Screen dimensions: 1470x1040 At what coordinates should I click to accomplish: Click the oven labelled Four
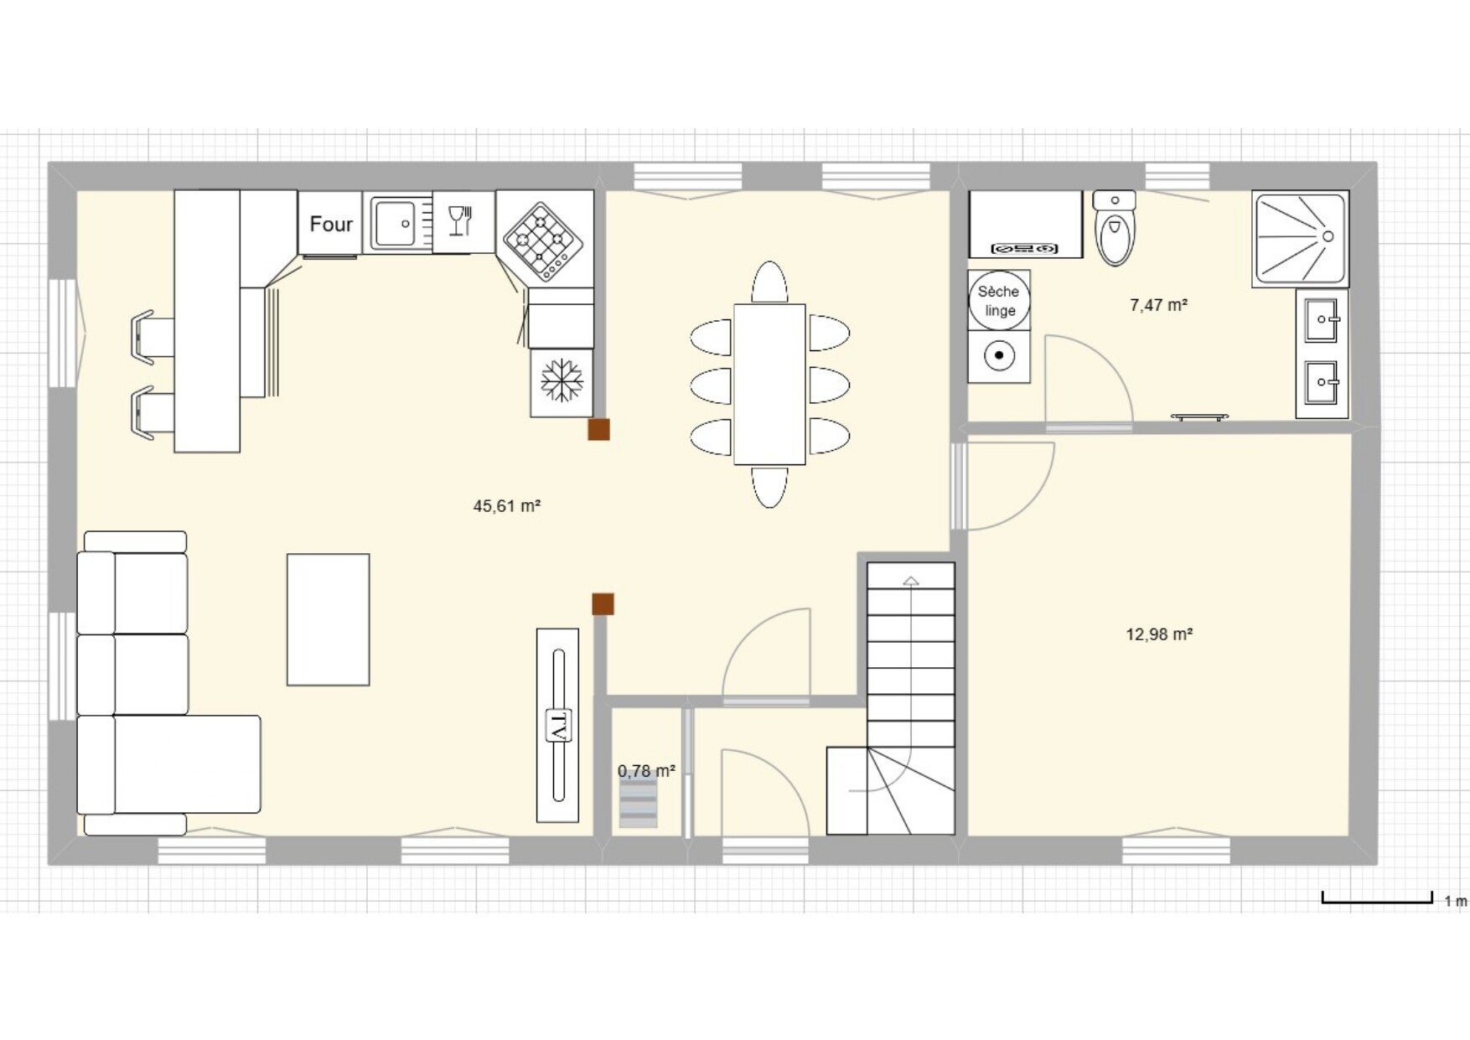coord(330,223)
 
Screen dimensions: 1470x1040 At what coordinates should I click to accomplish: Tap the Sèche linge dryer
coord(998,301)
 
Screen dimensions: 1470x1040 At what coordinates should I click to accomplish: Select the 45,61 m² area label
coord(506,506)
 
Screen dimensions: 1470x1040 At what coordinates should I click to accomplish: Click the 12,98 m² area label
coord(1159,634)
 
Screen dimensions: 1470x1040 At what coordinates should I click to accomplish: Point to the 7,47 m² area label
coord(1158,305)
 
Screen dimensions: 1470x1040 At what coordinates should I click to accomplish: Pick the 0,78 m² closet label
coord(646,771)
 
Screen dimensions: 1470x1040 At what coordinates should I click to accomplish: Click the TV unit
coord(557,725)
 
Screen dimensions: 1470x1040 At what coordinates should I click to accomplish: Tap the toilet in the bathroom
coord(1115,227)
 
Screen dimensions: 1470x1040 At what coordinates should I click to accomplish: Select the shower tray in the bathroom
coord(1300,239)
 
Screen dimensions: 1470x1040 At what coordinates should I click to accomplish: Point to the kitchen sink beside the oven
coord(397,223)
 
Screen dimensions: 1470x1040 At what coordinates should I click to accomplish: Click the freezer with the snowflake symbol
coord(562,382)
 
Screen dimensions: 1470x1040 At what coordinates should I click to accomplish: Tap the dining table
coord(769,384)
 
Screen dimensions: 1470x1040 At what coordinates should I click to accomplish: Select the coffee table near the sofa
coord(328,619)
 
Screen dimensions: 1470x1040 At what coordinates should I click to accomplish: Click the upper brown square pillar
coord(598,430)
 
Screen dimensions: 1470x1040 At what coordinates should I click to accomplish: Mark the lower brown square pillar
coord(603,604)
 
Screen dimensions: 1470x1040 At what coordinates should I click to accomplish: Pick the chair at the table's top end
coord(769,282)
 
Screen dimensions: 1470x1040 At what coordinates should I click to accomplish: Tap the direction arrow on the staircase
coord(911,580)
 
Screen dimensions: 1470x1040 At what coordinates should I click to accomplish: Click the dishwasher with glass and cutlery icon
coord(463,222)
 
